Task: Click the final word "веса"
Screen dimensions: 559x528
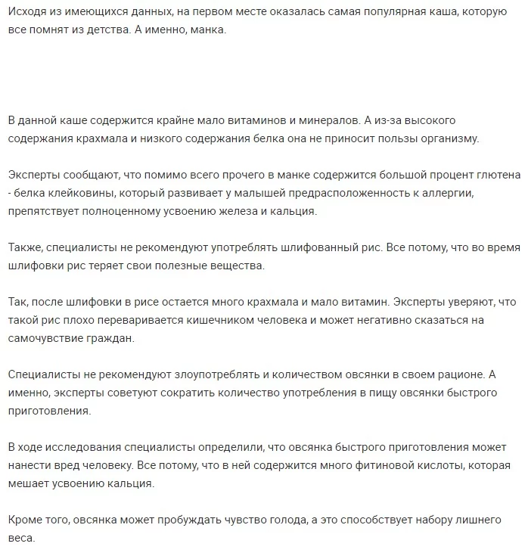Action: [20, 538]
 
